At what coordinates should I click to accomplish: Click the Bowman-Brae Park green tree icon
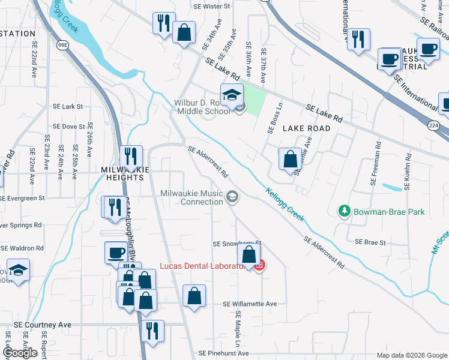[344, 211]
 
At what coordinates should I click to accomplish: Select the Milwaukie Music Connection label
[192, 197]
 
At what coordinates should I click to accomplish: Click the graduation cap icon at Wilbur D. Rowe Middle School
[231, 94]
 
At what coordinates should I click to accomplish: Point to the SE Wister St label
[211, 6]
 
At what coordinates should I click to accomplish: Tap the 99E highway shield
[63, 45]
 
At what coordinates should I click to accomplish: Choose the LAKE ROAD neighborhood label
[306, 128]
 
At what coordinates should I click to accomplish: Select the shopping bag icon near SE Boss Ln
[290, 160]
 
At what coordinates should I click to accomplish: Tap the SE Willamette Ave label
[249, 304]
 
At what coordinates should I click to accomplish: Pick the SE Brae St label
[370, 242]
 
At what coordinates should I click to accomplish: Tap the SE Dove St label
[68, 127]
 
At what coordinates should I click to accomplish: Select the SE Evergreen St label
[22, 198]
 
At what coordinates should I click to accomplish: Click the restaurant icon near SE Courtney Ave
[152, 331]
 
